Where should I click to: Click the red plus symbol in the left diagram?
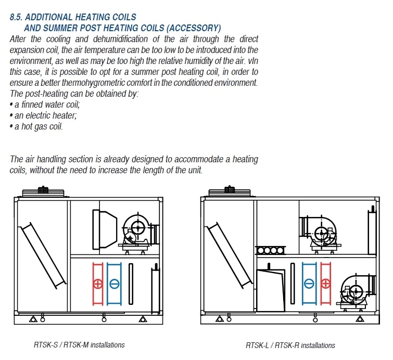[98, 284]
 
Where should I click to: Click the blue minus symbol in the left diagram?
[115, 284]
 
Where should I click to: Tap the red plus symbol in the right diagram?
[325, 284]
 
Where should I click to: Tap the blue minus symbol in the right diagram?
[309, 284]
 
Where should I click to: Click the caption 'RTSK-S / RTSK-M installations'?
[79, 345]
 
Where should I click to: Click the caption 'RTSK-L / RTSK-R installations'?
[290, 345]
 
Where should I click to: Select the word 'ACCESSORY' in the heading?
[194, 28]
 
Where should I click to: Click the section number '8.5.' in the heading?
[16, 17]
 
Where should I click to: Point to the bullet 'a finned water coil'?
[45, 105]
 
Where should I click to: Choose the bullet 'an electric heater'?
[43, 115]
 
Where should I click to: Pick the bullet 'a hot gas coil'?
[36, 126]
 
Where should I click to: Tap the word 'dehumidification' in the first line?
[120, 39]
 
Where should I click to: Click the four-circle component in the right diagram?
[271, 250]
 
